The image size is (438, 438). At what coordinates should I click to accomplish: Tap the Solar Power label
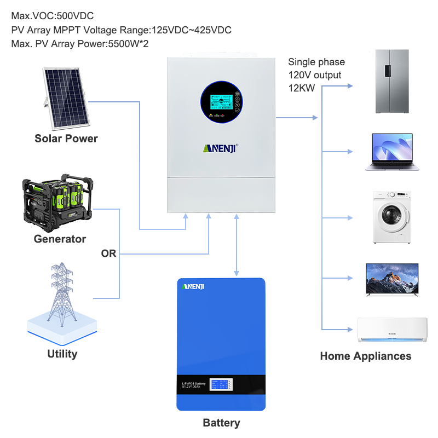click(66, 139)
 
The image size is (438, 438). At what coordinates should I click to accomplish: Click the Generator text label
click(60, 239)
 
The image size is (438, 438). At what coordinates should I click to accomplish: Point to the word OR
click(108, 254)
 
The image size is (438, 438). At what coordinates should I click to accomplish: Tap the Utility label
click(62, 354)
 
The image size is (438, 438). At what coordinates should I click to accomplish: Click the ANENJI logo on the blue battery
click(193, 287)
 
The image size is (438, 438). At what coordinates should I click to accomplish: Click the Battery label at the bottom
click(221, 423)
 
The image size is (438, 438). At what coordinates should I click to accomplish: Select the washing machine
click(392, 217)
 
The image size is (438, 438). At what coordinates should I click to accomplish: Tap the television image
click(392, 280)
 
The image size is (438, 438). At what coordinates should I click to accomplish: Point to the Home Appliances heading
click(365, 356)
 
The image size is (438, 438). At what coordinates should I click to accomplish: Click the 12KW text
click(301, 88)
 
